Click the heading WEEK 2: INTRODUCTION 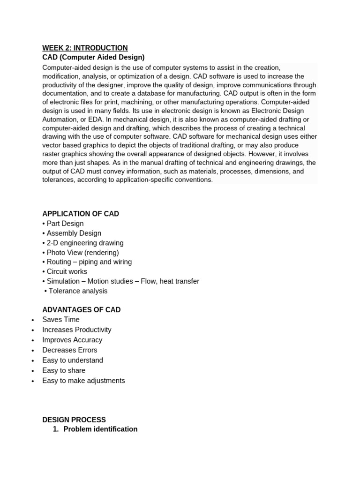(85, 48)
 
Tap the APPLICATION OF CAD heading (81, 214)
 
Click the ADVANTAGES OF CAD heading (81, 310)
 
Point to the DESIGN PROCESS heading (74, 420)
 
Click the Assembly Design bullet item (72, 233)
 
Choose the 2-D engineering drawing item (83, 243)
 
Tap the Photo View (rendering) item (81, 253)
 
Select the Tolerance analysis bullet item (76, 291)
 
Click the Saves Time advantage (61, 320)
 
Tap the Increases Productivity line (77, 330)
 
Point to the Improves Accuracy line (72, 340)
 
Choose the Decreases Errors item (70, 350)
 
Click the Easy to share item (64, 370)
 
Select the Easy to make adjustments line (83, 381)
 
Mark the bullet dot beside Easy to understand (32, 361)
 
